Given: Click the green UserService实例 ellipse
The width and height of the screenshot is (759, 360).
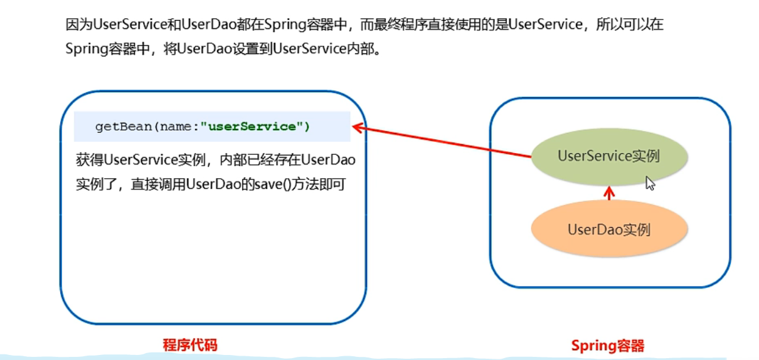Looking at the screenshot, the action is click(x=609, y=156).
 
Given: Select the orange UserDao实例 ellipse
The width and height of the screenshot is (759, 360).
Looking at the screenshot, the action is click(x=609, y=228).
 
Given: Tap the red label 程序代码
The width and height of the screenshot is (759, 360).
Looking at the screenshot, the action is click(x=190, y=345).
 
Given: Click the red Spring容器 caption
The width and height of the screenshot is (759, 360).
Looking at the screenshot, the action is click(x=608, y=346).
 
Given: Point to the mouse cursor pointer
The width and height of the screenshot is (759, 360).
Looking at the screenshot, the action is click(x=650, y=184).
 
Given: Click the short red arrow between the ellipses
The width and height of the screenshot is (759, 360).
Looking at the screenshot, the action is click(x=609, y=193).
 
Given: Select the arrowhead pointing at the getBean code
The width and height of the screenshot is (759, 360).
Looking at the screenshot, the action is click(x=358, y=127).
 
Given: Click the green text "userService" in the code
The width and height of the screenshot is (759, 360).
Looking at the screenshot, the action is click(x=252, y=127).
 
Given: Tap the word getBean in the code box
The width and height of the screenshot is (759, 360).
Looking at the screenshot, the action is click(x=124, y=127).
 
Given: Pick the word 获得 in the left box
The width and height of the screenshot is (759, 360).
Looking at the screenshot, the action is click(x=90, y=160).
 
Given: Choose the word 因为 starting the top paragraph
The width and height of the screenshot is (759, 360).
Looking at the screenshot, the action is click(x=78, y=24).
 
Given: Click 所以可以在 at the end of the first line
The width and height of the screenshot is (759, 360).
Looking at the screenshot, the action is click(x=630, y=24).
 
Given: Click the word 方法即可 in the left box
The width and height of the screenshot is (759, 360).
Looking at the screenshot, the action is click(x=319, y=184).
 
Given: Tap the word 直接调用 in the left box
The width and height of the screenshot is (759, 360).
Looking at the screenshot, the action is click(x=158, y=184).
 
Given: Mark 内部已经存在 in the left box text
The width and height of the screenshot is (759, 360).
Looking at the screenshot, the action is click(x=260, y=160).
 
